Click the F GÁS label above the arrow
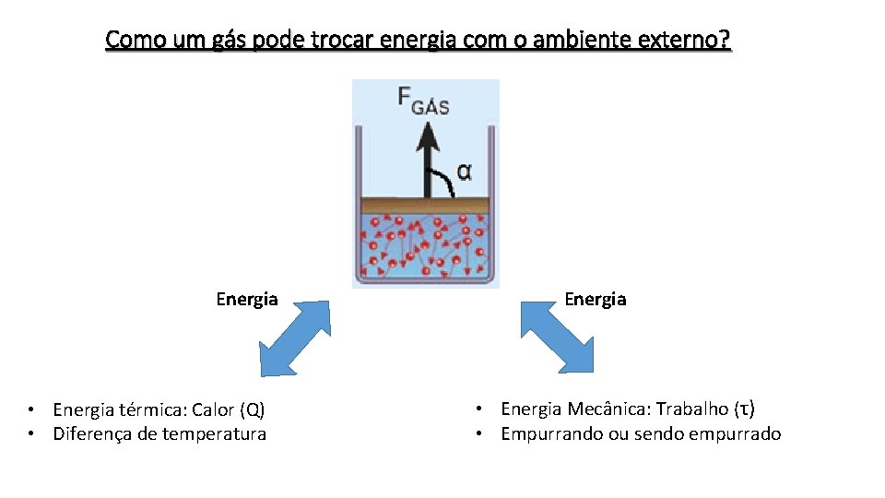coord(423,100)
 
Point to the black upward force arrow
coord(427,157)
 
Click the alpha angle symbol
coord(465,172)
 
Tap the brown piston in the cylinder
coord(426,206)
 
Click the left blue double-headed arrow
coord(295,338)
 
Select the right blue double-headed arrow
coord(557,337)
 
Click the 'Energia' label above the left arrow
coord(247,299)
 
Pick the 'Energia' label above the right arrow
coord(596,299)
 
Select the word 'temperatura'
coord(214,434)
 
